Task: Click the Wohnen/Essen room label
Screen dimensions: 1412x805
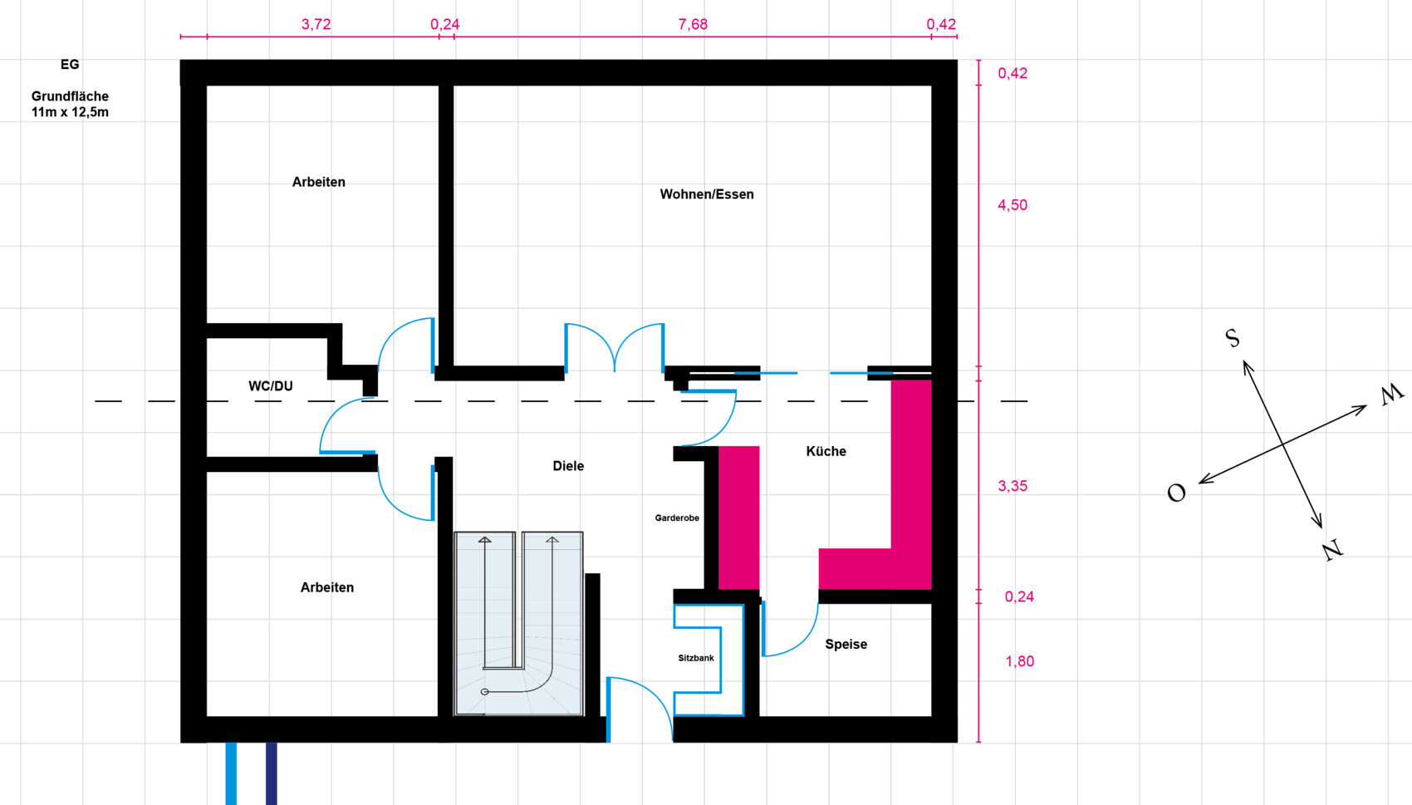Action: [707, 194]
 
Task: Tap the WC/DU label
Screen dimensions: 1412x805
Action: [271, 385]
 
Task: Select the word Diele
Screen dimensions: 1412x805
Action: [568, 466]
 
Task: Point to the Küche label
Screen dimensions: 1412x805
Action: [826, 451]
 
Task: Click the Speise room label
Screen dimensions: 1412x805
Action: [846, 645]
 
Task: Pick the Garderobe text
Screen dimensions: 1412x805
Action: [677, 518]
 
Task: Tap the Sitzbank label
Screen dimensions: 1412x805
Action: [696, 658]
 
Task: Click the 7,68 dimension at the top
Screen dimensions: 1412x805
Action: [693, 24]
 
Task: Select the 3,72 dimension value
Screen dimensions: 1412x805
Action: [316, 24]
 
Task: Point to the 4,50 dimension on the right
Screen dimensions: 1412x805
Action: [1012, 205]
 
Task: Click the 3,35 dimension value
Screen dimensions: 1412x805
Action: [1012, 486]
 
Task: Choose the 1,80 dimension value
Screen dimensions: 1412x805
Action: [1019, 661]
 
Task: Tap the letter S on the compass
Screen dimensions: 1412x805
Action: [1233, 338]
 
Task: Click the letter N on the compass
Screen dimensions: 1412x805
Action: [1332, 550]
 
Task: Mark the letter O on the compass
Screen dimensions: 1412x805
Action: [1176, 493]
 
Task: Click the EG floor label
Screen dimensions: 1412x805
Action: [70, 64]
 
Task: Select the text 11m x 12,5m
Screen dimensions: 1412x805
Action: [70, 112]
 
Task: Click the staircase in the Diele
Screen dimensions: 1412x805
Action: [518, 623]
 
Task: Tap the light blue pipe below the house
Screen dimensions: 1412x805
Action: [232, 773]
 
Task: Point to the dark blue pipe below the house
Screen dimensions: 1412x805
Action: [272, 773]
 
